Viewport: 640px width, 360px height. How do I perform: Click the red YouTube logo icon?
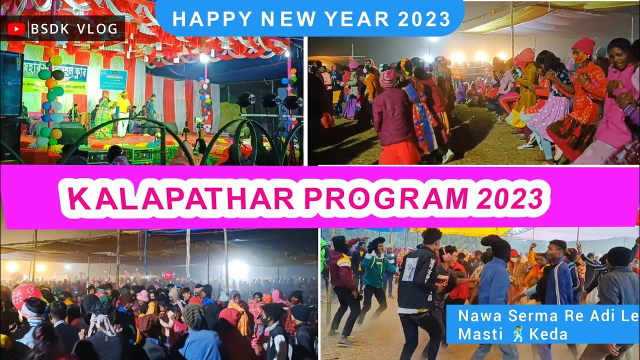click(16, 29)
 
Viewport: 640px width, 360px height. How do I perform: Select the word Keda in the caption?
click(550, 334)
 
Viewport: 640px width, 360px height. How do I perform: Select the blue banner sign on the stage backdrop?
click(113, 79)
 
